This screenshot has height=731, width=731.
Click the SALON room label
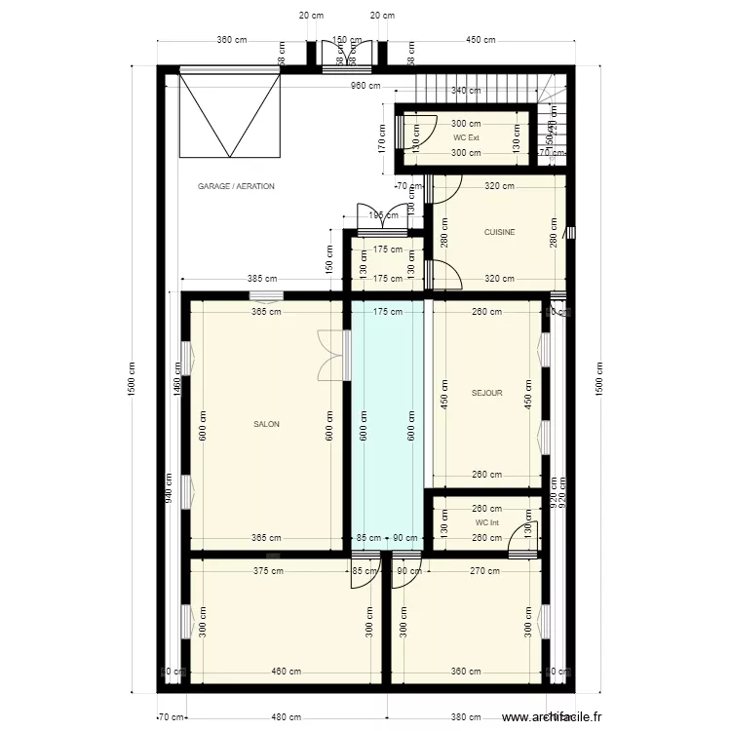[x=266, y=424]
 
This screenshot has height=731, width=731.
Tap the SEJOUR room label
[x=486, y=393]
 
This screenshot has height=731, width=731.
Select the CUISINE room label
[x=499, y=232]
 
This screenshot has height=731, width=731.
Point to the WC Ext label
[x=466, y=137]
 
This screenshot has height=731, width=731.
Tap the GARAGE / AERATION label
[x=236, y=185]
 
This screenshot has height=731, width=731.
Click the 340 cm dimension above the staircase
[x=466, y=91]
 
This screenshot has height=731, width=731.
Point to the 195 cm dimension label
[x=378, y=215]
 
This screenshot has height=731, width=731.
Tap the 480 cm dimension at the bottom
[x=279, y=718]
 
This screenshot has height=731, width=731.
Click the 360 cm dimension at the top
[x=231, y=40]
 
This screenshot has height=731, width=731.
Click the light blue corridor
[x=388, y=419]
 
